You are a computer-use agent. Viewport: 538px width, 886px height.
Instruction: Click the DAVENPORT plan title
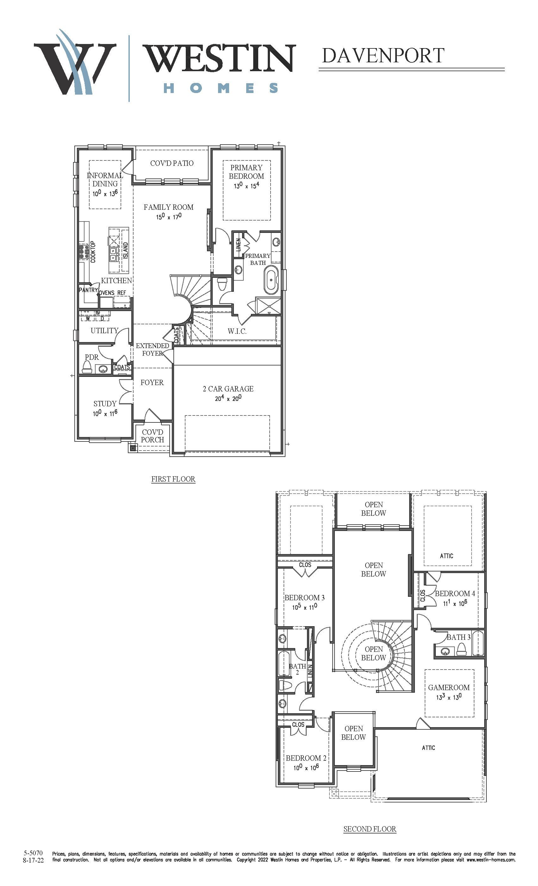tap(383, 55)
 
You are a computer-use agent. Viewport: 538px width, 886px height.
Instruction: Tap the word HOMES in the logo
tap(221, 88)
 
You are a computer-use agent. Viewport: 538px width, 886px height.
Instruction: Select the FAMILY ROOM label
tap(168, 207)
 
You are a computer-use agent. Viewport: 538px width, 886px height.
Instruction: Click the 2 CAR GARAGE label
tap(228, 389)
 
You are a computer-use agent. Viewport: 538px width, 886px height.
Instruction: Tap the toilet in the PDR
tap(87, 367)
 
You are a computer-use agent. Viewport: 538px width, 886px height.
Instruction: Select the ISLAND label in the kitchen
tap(125, 250)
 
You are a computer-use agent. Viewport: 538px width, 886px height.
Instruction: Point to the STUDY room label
tap(105, 404)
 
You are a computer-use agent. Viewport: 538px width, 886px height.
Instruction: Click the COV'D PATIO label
tap(172, 163)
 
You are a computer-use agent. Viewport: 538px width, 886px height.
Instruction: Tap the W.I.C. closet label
tap(237, 331)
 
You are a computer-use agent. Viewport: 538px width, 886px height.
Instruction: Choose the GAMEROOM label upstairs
tap(448, 687)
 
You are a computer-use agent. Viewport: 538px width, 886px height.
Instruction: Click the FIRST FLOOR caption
tap(173, 479)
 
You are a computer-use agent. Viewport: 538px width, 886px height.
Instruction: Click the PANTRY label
tap(88, 290)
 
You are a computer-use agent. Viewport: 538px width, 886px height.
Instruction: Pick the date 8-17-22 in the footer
tap(33, 860)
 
